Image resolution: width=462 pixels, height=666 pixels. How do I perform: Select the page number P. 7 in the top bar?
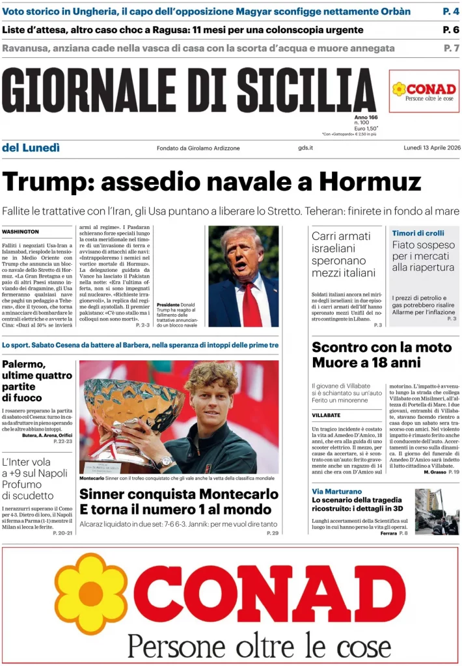coord(451,48)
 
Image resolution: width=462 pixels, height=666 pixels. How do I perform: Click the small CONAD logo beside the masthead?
coord(424,91)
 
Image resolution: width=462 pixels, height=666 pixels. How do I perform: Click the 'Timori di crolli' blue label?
coord(418,233)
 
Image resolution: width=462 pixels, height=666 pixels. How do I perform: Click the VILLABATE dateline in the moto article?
coord(326,415)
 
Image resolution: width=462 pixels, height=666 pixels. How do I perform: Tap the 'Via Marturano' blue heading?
coord(336,491)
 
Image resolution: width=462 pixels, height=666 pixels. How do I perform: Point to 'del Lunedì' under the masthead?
coord(31,148)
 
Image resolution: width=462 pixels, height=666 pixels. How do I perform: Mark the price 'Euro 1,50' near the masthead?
coord(366,128)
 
